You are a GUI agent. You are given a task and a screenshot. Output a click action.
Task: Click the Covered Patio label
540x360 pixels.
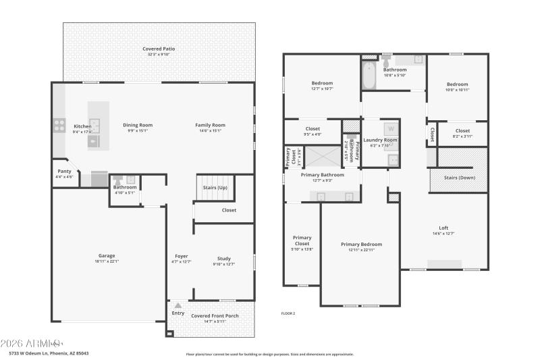click(x=159, y=49)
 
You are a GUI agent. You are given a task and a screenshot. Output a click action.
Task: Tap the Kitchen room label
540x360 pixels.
click(x=83, y=126)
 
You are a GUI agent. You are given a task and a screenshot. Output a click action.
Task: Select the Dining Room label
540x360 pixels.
click(x=138, y=125)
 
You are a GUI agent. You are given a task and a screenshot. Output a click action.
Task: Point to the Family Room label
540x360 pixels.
click(x=210, y=125)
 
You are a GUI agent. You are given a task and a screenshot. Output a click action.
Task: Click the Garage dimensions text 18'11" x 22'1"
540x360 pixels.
click(x=107, y=261)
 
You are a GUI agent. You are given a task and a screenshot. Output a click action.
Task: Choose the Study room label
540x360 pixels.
click(x=223, y=257)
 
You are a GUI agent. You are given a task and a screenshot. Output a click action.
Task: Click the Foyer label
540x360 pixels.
click(x=182, y=256)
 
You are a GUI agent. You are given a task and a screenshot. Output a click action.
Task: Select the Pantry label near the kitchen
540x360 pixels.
click(x=64, y=171)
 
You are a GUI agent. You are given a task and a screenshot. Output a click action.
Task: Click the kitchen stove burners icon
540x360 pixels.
click(x=59, y=125)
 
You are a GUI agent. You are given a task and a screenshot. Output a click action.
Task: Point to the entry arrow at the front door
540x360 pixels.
click(x=178, y=305)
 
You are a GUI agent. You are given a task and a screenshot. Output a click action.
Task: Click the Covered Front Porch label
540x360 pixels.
click(x=214, y=315)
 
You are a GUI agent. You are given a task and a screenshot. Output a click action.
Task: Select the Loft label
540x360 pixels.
click(x=443, y=228)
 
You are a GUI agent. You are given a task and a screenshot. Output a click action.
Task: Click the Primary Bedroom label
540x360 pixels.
click(x=361, y=244)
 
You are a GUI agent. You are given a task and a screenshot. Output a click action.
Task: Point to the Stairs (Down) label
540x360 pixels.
click(x=460, y=178)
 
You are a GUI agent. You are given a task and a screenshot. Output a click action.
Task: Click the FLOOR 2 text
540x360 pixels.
click(x=288, y=313)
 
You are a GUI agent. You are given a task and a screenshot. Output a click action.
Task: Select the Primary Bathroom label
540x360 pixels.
click(x=323, y=174)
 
